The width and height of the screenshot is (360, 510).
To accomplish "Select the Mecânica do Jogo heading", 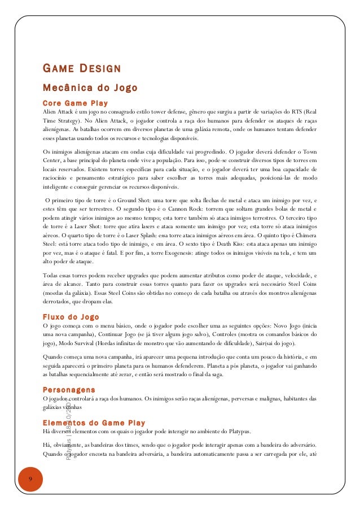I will coord(90,88).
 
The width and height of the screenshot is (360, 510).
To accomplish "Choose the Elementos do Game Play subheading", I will coord(94,422).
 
